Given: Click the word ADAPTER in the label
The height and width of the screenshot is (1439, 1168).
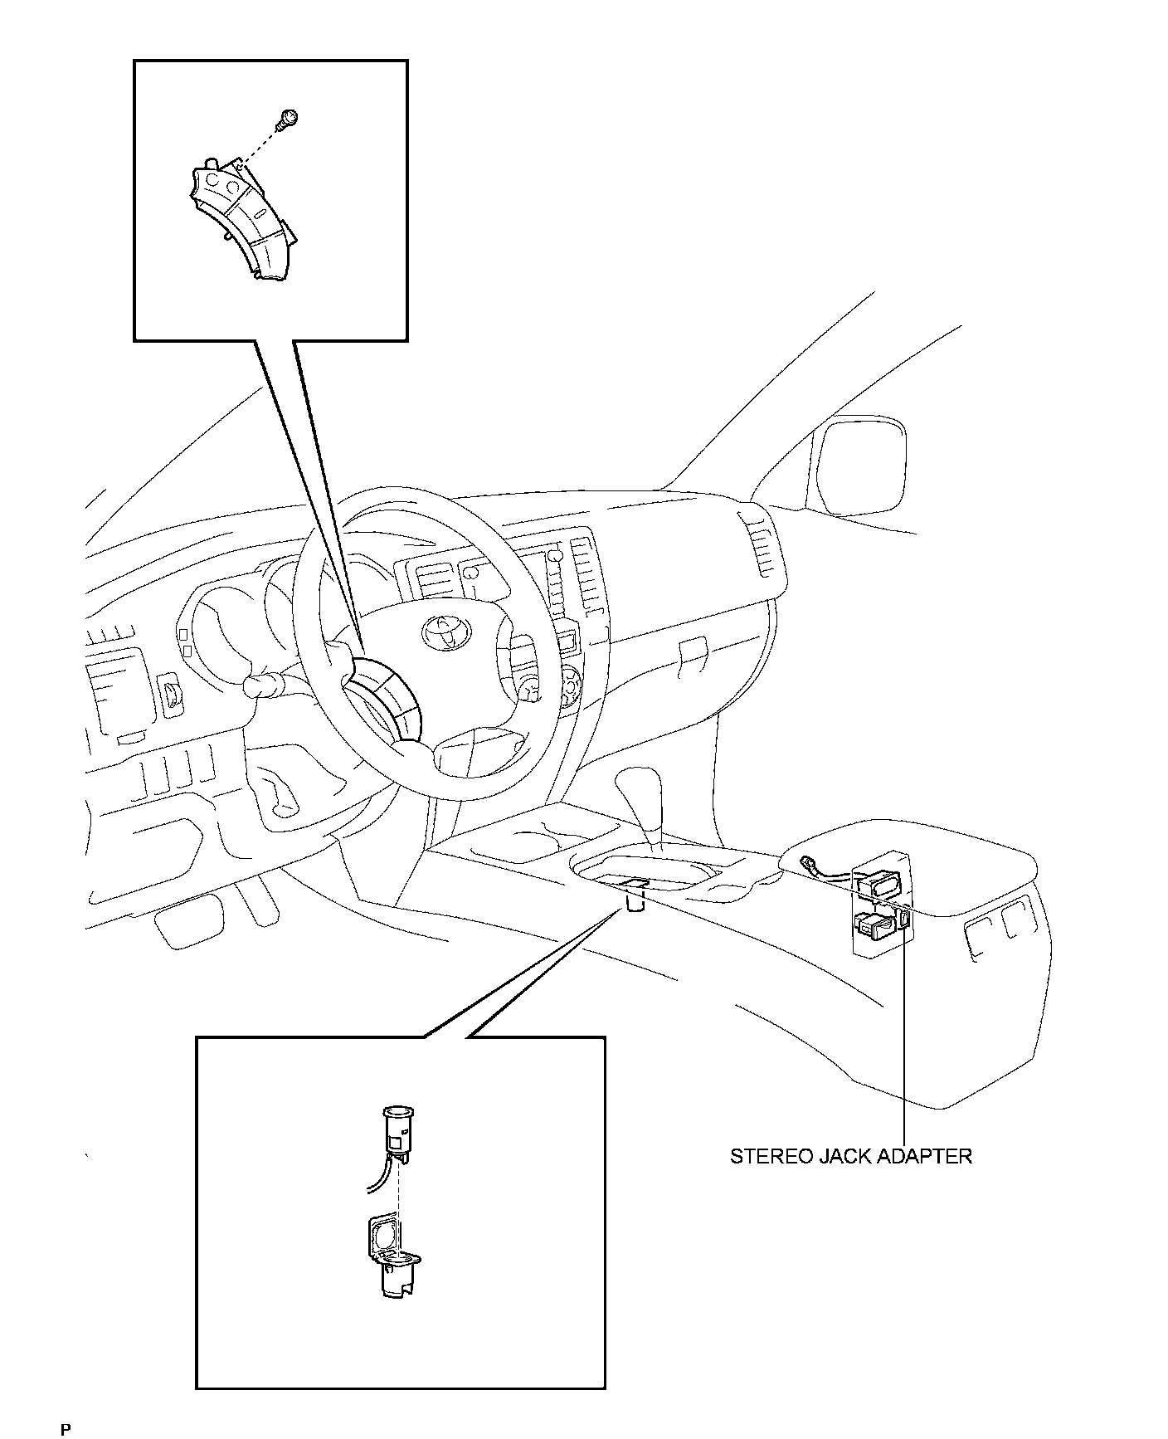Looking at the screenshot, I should point(924,1156).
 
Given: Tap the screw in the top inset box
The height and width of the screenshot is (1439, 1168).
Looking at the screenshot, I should point(289,119).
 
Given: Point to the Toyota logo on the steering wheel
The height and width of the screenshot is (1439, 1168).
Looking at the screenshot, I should point(446,632).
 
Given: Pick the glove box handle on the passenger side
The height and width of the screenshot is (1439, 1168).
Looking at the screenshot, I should point(691,650).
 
